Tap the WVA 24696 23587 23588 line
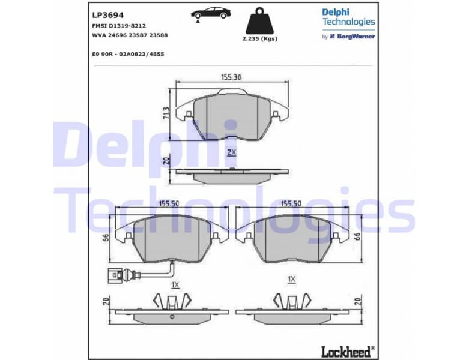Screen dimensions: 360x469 coord(130,35)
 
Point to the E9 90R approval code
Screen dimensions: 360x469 coord(128,54)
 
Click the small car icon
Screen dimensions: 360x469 coord(210,13)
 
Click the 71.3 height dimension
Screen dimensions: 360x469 coord(166,113)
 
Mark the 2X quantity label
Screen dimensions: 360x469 coord(231,152)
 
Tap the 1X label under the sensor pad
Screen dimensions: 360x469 coord(175,284)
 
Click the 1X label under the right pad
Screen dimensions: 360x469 coord(292,279)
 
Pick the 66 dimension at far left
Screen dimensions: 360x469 coord(106,237)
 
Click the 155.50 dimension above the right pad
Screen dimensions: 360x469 coord(291,204)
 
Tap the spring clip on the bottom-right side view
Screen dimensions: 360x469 coord(291,299)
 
